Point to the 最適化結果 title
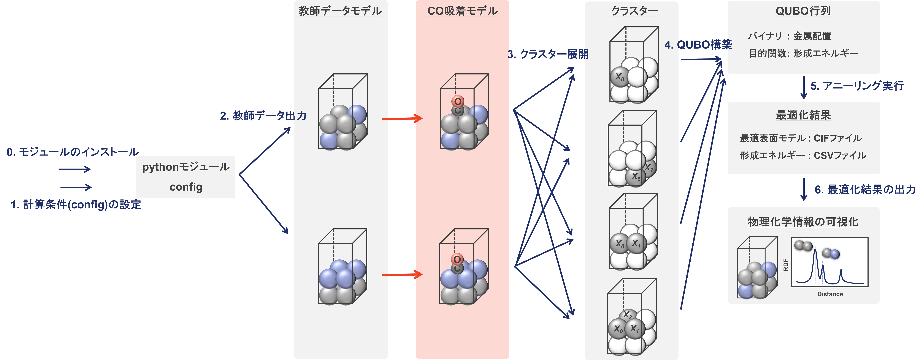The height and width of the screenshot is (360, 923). pyautogui.click(x=803, y=115)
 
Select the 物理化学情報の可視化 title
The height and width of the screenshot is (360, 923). pyautogui.click(x=803, y=222)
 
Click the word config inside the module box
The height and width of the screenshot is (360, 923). pyautogui.click(x=186, y=187)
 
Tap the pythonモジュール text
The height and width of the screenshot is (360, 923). pyautogui.click(x=186, y=167)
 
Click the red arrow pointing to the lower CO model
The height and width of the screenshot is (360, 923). pyautogui.click(x=402, y=275)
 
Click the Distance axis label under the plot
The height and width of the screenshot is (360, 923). pyautogui.click(x=830, y=294)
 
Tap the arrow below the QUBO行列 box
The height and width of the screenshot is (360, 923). pyautogui.click(x=804, y=88)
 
